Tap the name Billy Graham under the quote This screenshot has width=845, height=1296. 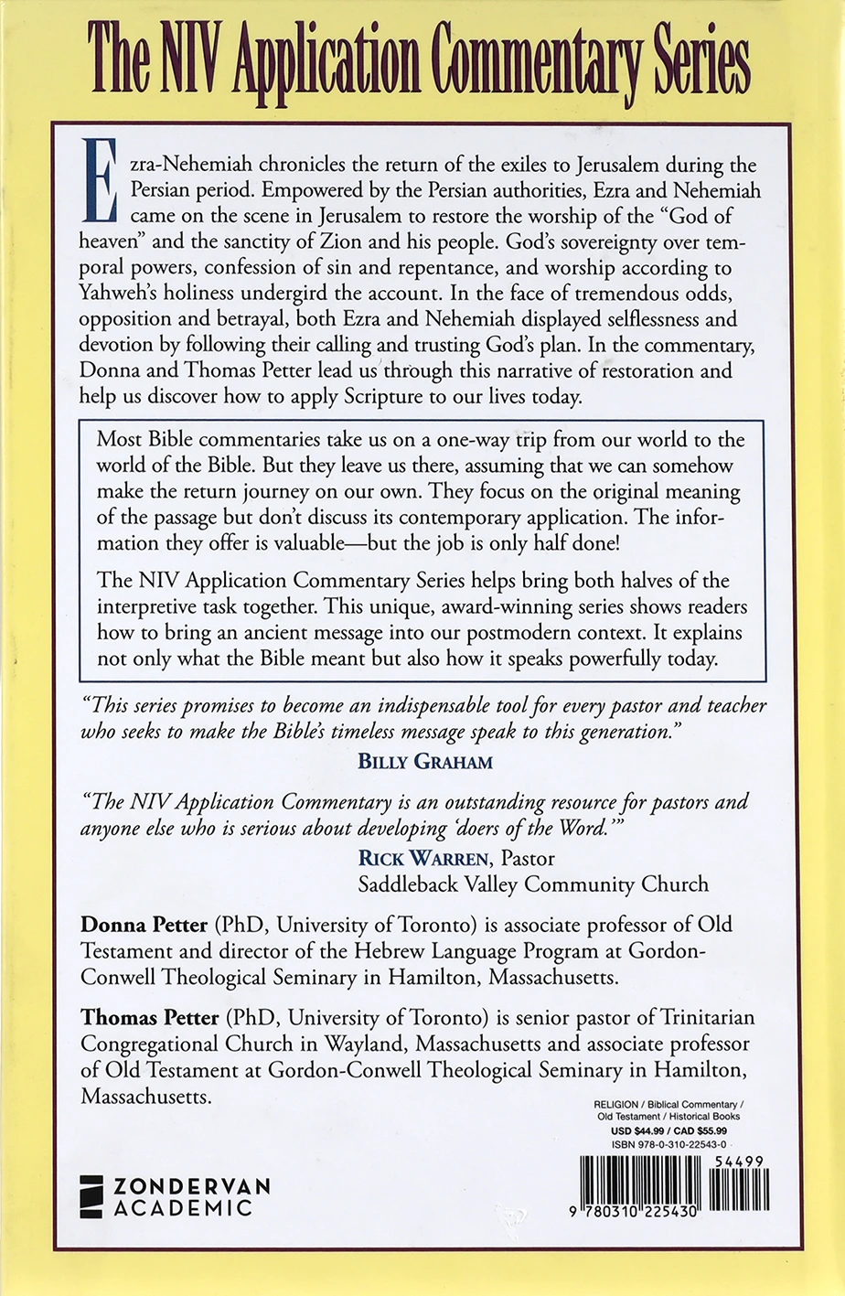coord(425,761)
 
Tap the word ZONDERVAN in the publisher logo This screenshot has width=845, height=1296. coord(191,1186)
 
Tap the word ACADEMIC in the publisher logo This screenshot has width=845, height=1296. coord(182,1208)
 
